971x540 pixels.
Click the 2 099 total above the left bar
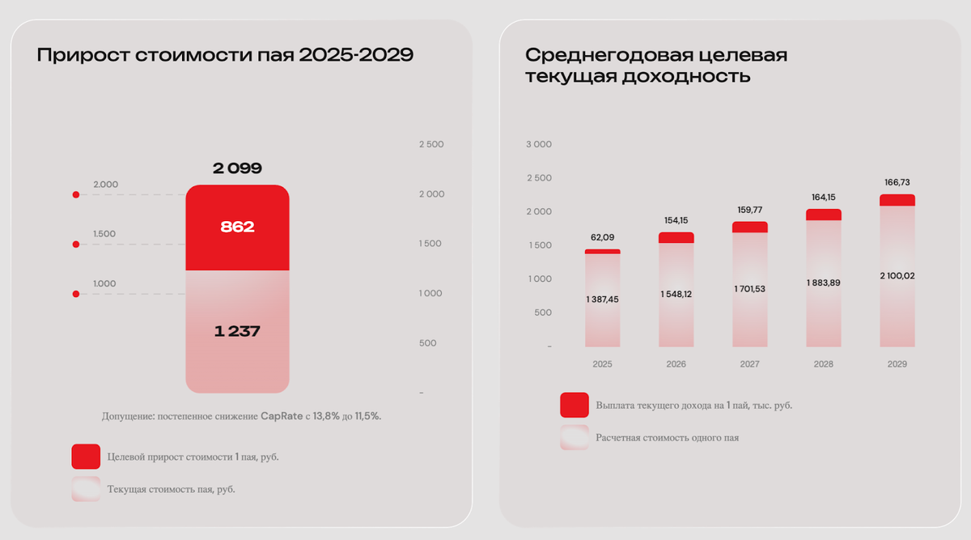[x=237, y=168]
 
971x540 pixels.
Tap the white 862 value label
[x=237, y=227]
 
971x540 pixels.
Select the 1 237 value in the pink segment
[x=237, y=331]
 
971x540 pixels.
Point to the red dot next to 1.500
[x=76, y=244]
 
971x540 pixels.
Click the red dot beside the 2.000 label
[x=76, y=195]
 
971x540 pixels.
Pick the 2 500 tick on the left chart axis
[x=431, y=144]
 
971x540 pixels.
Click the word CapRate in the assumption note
[x=282, y=416]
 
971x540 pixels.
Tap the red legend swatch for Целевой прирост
[x=86, y=457]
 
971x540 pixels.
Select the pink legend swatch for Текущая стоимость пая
[x=86, y=489]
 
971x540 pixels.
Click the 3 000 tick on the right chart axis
[x=539, y=144]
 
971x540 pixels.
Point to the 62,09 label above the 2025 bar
[x=603, y=237]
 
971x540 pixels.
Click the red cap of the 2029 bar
[x=897, y=200]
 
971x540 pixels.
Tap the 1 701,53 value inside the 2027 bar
[x=750, y=289]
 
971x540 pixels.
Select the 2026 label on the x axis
[x=676, y=364]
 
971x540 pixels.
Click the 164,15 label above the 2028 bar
[x=824, y=198]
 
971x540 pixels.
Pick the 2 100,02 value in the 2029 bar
[x=897, y=276]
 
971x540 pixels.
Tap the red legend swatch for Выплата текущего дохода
[x=575, y=405]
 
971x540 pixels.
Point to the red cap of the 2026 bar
[x=676, y=238]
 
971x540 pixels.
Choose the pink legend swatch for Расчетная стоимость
[x=575, y=437]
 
